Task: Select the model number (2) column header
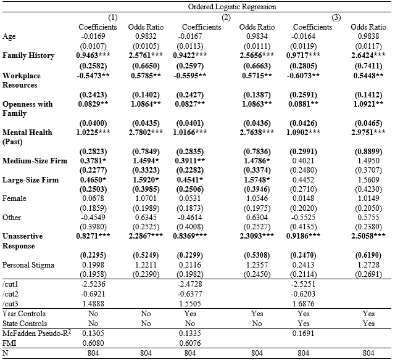pos(226,17)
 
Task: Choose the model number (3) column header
pos(336,17)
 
